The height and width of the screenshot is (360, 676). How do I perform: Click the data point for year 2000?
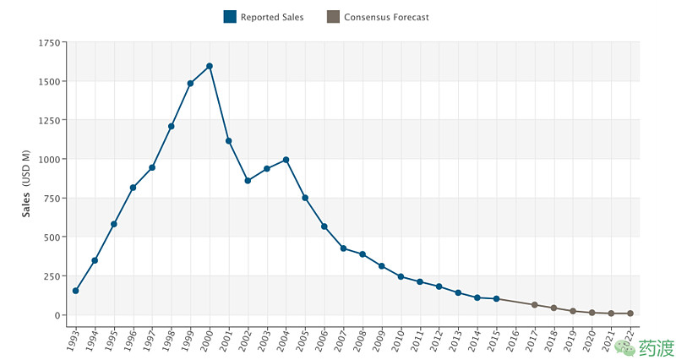210,66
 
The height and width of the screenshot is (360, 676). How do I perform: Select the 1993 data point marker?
76,291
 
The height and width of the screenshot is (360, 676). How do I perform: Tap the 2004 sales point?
286,160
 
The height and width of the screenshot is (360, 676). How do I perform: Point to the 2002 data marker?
248,181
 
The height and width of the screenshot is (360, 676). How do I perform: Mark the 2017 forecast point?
535,305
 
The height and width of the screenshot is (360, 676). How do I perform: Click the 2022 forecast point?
630,314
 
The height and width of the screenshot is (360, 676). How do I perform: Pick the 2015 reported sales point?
496,299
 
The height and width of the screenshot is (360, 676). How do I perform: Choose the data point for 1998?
172,126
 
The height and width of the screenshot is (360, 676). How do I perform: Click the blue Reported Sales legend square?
230,17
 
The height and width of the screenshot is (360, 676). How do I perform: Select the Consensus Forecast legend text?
386,17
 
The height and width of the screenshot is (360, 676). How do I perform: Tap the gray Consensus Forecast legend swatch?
333,17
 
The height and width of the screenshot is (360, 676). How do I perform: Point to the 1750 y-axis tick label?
49,43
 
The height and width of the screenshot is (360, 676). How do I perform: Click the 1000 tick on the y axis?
49,159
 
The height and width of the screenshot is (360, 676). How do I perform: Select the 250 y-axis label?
52,276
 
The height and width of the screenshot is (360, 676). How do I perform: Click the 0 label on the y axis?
57,315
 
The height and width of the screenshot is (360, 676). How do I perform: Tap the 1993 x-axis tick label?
73,340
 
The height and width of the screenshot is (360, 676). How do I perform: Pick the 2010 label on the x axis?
397,340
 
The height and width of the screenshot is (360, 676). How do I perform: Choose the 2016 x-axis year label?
512,340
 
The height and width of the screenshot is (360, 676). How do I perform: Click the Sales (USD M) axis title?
27,183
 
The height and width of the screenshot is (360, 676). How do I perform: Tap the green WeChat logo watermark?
625,347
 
